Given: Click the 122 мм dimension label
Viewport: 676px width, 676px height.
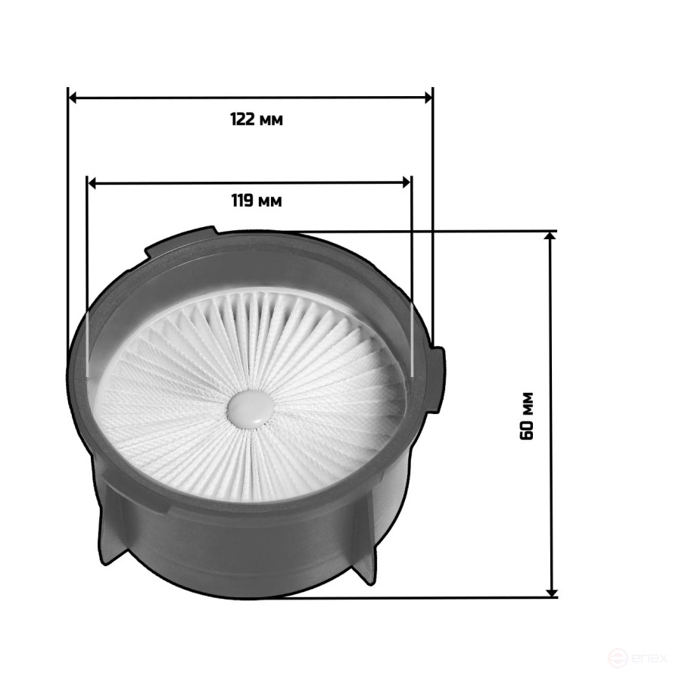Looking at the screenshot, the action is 257,120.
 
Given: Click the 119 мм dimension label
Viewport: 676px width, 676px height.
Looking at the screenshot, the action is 257,201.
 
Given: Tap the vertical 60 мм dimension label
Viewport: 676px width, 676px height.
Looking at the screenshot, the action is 527,416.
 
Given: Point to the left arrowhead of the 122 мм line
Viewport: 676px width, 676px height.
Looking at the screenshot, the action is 73,98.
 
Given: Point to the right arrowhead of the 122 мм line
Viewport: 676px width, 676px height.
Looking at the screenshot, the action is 428,98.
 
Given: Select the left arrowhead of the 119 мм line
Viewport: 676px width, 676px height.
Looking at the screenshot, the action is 92,183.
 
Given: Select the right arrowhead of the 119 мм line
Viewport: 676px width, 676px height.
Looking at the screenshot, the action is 406,182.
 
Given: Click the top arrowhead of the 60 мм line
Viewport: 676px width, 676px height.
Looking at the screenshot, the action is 550,236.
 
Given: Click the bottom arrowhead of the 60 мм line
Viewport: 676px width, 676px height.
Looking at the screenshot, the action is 551,593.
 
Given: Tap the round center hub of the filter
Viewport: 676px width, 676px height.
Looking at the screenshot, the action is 251,408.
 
